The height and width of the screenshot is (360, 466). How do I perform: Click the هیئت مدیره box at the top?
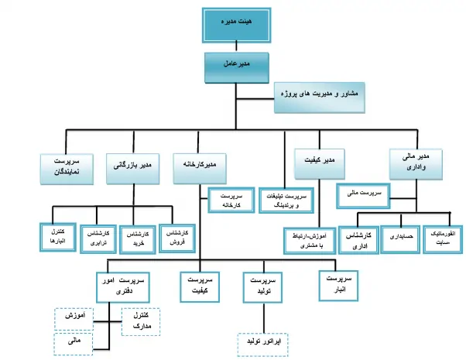pyautogui.click(x=232, y=26)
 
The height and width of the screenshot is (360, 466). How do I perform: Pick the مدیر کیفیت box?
pyautogui.click(x=318, y=163)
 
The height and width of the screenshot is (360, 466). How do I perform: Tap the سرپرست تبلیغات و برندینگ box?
pyautogui.click(x=286, y=201)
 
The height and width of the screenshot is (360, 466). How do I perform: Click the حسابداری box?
pyautogui.click(x=400, y=236)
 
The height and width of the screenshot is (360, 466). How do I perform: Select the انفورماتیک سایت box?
pyautogui.click(x=442, y=236)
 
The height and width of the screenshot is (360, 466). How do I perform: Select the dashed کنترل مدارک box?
pyautogui.click(x=140, y=321)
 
